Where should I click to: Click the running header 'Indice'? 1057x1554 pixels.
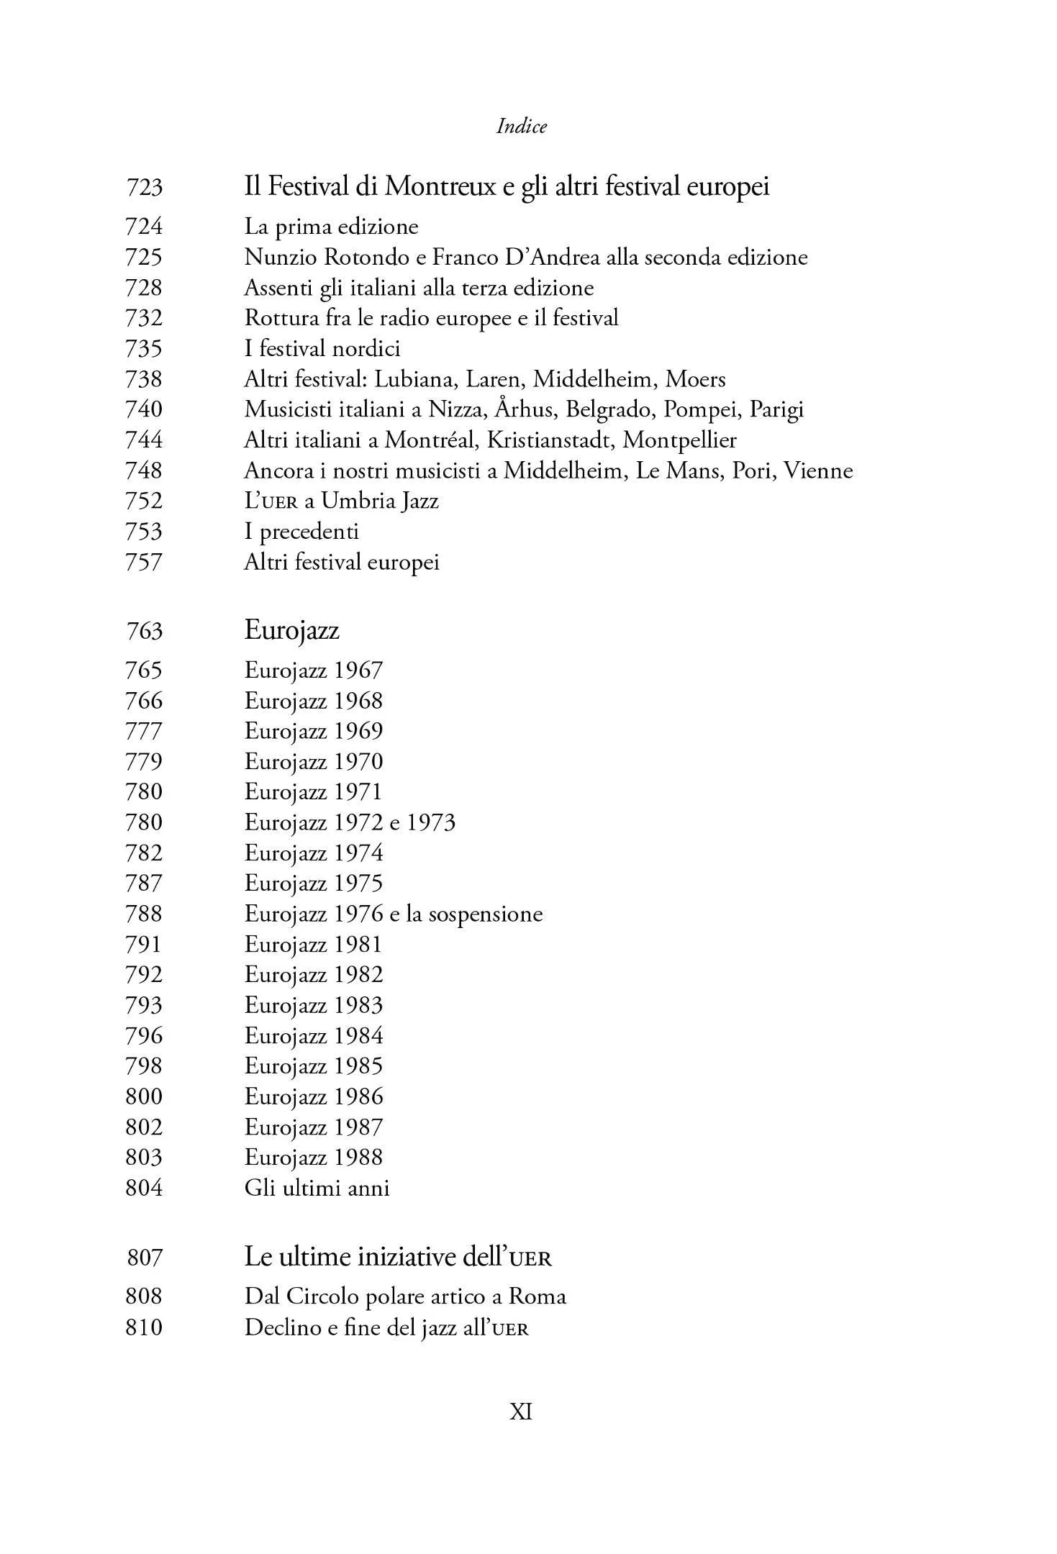[x=522, y=127]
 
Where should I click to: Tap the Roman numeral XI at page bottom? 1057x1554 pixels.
[x=521, y=1412]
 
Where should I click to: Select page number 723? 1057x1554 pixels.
[x=144, y=188]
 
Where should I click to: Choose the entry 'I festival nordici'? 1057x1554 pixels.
[x=322, y=349]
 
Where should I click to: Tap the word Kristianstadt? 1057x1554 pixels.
[x=550, y=440]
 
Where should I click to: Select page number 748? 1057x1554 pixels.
[x=144, y=471]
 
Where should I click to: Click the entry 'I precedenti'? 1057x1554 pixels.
[x=301, y=532]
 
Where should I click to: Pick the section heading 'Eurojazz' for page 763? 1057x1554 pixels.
[x=291, y=630]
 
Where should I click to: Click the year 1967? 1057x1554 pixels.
[x=358, y=671]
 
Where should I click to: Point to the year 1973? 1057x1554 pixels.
[x=431, y=822]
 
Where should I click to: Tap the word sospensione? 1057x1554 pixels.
[x=486, y=914]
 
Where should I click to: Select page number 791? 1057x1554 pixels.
[x=144, y=945]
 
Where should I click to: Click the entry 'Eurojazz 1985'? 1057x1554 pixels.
[x=313, y=1066]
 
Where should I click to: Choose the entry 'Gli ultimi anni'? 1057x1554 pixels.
[x=317, y=1188]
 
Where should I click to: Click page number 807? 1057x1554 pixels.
[x=145, y=1258]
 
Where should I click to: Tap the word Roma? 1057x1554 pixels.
[x=537, y=1296]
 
